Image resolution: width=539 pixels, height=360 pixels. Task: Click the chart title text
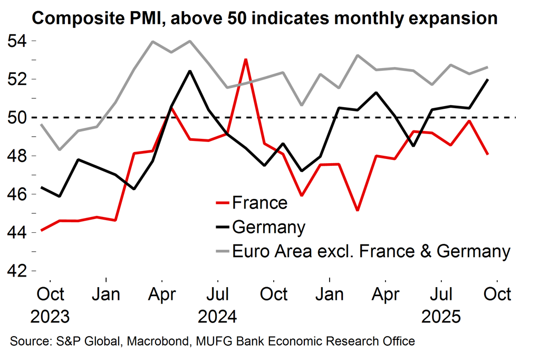(265, 18)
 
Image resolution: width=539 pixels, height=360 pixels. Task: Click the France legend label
(259, 203)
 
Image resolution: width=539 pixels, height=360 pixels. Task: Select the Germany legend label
(268, 227)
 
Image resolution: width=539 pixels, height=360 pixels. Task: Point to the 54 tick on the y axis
(17, 41)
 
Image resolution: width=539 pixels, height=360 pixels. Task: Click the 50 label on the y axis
(17, 118)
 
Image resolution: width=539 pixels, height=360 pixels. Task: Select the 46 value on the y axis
(17, 194)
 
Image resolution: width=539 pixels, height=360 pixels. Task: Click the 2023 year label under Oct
(50, 317)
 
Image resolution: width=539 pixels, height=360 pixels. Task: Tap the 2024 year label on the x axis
(217, 317)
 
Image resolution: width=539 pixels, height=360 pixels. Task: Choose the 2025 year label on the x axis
(441, 317)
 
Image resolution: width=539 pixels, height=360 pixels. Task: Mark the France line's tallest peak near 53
(246, 59)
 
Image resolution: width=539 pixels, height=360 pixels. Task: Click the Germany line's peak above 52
(190, 71)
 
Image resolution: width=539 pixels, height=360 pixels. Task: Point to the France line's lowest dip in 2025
(358, 210)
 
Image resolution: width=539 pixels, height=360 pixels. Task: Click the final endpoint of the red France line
(488, 154)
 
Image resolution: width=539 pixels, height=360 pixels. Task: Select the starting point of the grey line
(41, 125)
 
